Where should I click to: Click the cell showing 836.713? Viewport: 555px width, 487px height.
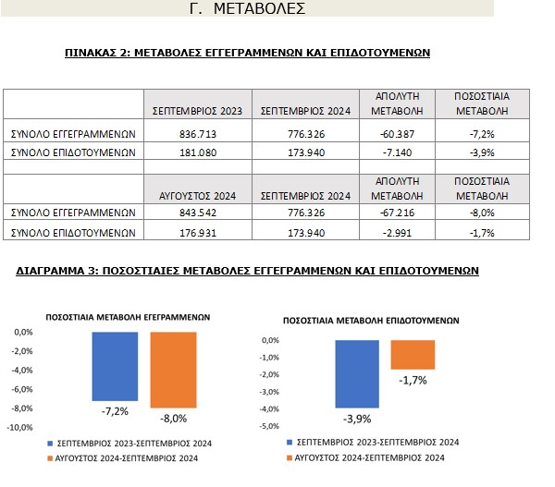coord(195,133)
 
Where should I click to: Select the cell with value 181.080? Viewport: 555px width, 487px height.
coord(195,152)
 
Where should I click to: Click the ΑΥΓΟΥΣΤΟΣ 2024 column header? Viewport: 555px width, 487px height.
coord(195,195)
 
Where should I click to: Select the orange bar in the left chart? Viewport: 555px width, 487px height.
coord(174,369)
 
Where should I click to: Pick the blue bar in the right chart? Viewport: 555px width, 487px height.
coord(357,373)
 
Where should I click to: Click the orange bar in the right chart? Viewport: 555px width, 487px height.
coord(413,355)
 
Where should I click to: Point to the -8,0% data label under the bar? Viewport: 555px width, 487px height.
coord(174,419)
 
